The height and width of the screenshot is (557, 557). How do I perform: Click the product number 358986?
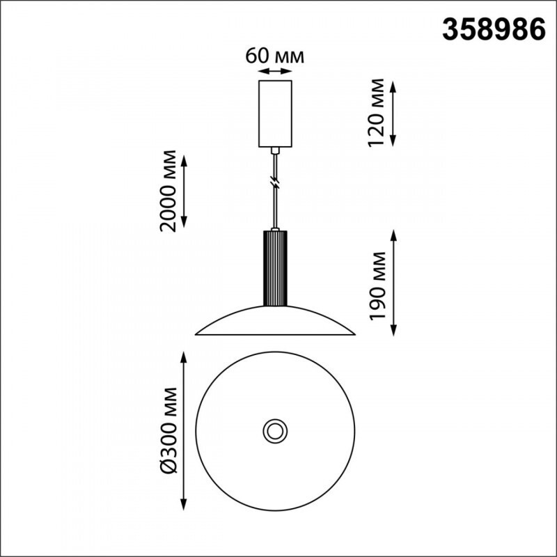(x=494, y=30)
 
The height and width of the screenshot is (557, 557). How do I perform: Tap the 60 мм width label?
(x=274, y=56)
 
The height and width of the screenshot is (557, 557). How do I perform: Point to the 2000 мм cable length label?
(x=168, y=191)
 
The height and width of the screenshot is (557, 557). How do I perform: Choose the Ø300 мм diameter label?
(x=168, y=430)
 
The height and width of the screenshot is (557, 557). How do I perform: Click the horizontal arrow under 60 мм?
(x=275, y=71)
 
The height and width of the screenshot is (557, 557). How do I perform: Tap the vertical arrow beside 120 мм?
(x=393, y=113)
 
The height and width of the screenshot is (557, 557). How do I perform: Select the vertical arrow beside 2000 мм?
(x=184, y=191)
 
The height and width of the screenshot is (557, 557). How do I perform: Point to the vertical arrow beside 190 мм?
(x=393, y=283)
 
